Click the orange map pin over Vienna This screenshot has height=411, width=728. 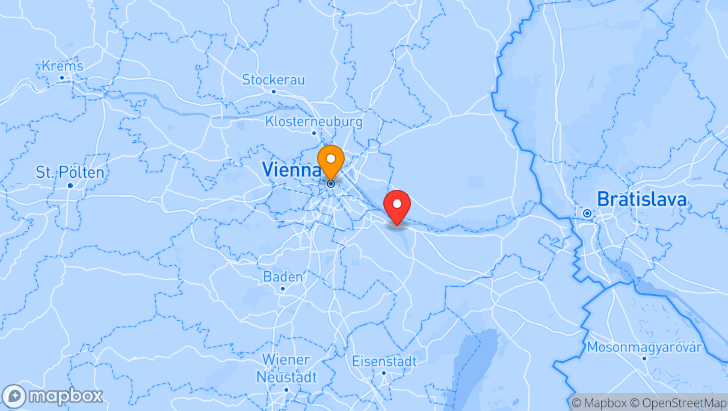point(330,162)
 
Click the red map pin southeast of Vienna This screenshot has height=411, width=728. point(396,207)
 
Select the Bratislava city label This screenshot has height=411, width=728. point(641,199)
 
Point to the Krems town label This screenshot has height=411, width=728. point(63,66)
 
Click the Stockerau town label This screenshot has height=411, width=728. point(273,80)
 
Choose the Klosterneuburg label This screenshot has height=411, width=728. point(313,122)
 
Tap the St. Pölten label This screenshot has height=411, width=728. point(70,172)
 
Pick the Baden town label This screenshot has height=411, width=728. point(283,277)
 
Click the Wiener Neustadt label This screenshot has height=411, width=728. point(286,368)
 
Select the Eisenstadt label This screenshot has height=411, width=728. point(384,362)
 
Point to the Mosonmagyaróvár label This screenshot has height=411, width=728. point(644,347)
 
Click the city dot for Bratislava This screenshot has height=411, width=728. point(587,213)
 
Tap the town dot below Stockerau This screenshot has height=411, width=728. point(274,92)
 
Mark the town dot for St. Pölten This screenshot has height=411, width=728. point(70,185)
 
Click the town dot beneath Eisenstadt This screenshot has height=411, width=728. point(384,373)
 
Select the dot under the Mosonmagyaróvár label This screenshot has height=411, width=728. point(644,359)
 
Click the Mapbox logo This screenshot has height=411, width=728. point(52,397)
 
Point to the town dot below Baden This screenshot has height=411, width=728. point(283,289)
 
